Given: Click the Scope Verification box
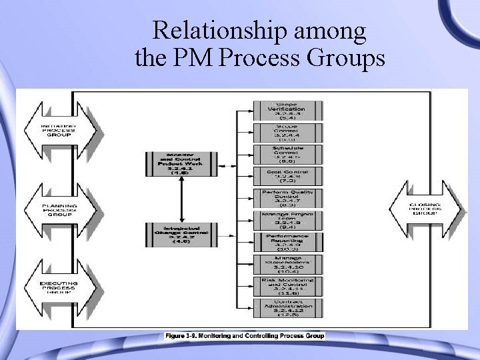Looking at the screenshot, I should pos(286,111).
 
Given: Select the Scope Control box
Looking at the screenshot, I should pos(286,132).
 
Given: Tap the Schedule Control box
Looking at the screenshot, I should pos(286,154).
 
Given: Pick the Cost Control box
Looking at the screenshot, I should pos(286,176).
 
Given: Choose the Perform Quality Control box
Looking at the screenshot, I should pos(286,198).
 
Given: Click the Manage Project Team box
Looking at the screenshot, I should pos(286,219).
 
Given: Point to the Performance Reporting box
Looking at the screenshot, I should pos(286,241).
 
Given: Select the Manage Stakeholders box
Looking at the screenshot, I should pos(286,263).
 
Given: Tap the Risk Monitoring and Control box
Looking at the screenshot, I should pos(286,285).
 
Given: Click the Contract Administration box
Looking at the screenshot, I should pos(286,307).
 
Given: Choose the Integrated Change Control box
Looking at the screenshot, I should pos(181,235).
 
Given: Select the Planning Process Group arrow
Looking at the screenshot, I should pos(59,211).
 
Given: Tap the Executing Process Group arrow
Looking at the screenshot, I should pos(59,288).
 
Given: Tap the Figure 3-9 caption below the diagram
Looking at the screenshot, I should pos(245,336).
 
